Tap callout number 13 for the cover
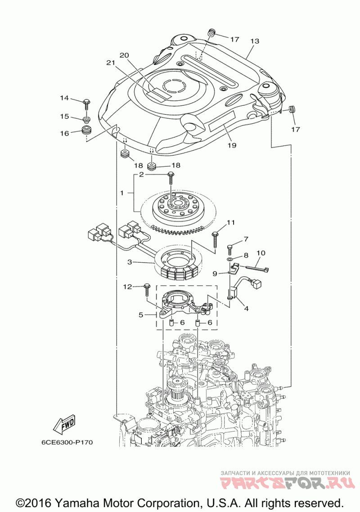point(255,41)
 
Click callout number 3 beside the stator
point(130,262)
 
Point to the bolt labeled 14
point(87,103)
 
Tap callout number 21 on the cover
point(111,63)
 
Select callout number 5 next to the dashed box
point(141,315)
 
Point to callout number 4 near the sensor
point(246,308)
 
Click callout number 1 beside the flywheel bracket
point(122,193)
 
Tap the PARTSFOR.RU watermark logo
point(288,482)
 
